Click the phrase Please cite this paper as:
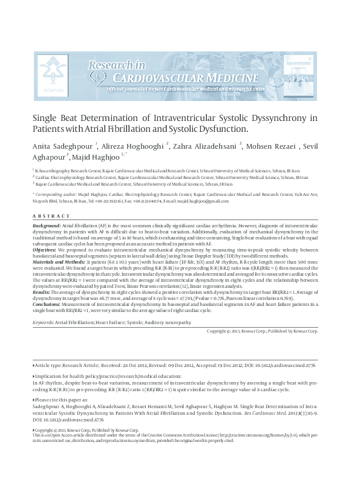coord(62,400)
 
